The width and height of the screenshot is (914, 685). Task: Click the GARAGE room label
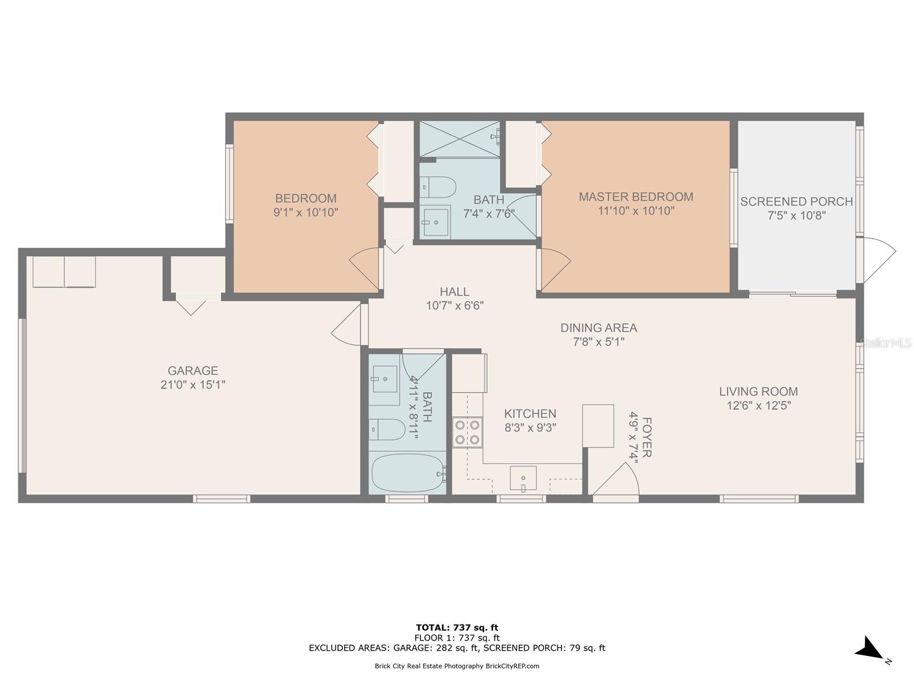tap(193, 370)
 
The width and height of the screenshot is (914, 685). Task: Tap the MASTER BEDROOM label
tap(636, 197)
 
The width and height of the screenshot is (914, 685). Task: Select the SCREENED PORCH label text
tap(796, 202)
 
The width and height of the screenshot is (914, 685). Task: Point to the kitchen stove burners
tap(467, 432)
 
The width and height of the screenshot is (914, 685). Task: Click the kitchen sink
tap(523, 478)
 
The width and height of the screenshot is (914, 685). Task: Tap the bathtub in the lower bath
tap(408, 473)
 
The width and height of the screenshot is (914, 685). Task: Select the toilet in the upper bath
tap(438, 187)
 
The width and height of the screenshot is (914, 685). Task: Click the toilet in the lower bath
tap(387, 430)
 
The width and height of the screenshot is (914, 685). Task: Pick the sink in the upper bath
tap(435, 221)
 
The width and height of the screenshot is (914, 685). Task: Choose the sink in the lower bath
tap(384, 379)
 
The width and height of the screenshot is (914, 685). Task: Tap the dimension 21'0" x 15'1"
tap(193, 385)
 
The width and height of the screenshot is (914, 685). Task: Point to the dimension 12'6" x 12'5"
tap(759, 405)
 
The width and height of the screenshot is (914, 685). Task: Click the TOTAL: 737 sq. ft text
tap(457, 627)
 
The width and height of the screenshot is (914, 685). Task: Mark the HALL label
tap(454, 292)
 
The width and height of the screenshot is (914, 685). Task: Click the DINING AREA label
tap(598, 328)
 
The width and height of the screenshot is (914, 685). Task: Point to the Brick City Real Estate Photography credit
tap(457, 666)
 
